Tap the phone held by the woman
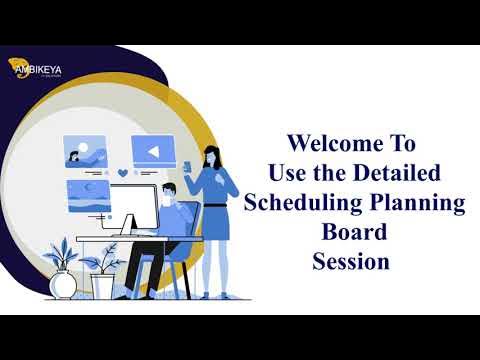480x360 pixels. (x=188, y=164)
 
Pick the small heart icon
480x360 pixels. (x=122, y=172)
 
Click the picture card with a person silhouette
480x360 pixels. (x=85, y=151)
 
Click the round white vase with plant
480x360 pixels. (x=63, y=285)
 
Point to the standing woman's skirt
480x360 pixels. (x=216, y=223)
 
